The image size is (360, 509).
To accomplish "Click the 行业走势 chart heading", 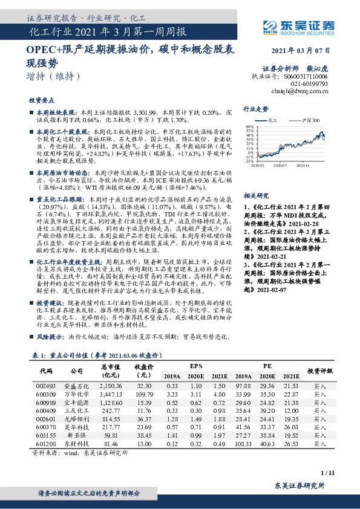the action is pos(255,109).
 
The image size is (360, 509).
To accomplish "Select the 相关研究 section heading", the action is pos(255,196).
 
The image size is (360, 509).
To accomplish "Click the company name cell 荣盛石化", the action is pos(76,385).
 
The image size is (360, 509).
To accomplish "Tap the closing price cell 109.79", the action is pos(143,394).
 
